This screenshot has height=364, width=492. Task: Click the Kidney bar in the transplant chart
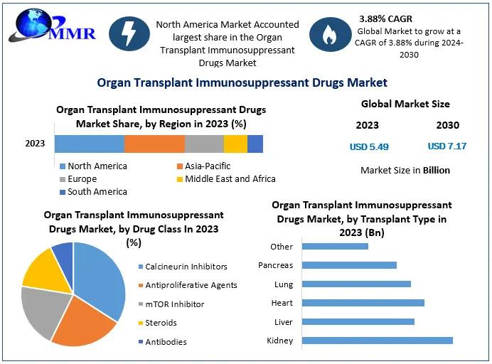377,341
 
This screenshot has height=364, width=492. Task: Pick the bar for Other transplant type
335,247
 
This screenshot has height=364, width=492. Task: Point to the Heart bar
363,303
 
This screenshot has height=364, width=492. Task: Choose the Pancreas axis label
275,265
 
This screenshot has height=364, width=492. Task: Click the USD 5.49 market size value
369,146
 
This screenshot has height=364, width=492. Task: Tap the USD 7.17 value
447,146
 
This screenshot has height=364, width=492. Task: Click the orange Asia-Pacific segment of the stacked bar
154,144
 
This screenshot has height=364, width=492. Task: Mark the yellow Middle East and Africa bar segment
235,144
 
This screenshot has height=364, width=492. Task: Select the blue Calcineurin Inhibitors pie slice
100,277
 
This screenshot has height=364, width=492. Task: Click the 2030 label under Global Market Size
447,125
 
